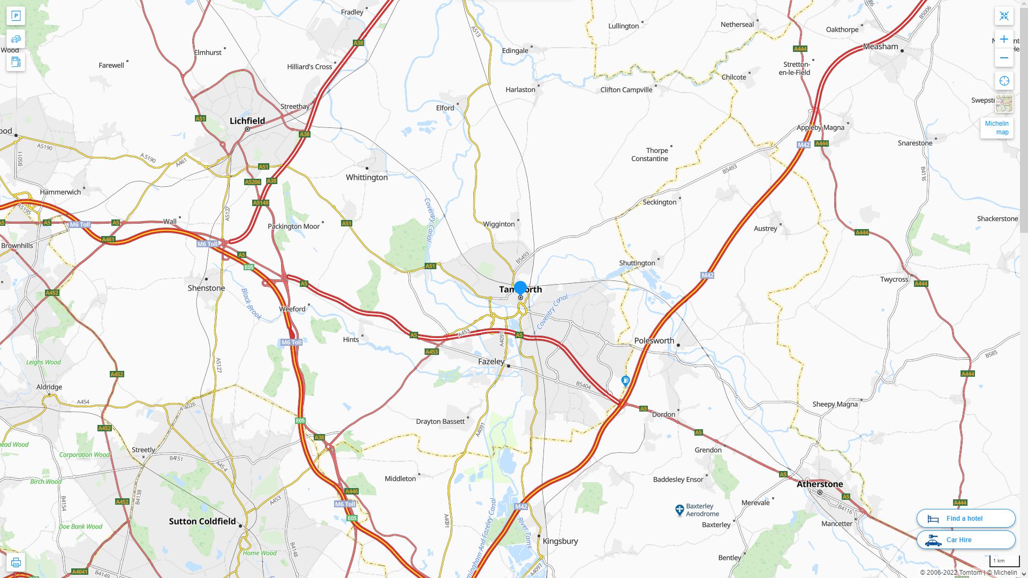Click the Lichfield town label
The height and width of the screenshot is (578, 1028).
click(247, 121)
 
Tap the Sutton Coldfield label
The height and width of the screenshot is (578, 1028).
click(202, 521)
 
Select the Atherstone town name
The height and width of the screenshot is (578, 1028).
click(820, 484)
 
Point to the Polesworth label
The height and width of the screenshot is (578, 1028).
click(654, 341)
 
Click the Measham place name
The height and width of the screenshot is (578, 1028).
click(880, 47)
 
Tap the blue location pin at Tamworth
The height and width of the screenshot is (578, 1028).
click(520, 288)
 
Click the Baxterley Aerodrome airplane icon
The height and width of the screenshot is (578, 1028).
click(679, 509)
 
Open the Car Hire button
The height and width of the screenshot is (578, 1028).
click(965, 540)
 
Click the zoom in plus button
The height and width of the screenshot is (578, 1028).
click(1004, 39)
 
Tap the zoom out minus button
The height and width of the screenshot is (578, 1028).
click(1004, 58)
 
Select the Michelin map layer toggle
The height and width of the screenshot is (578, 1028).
click(997, 127)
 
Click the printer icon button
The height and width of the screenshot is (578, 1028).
click(16, 562)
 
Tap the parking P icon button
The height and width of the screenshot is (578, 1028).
click(16, 16)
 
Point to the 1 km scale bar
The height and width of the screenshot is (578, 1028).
click(1004, 561)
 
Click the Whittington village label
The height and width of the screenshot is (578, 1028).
click(366, 178)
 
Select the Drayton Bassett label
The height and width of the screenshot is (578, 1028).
click(440, 422)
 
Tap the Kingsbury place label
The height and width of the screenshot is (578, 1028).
click(560, 541)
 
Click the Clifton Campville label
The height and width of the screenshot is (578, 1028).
click(626, 90)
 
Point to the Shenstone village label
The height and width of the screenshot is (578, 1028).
click(206, 288)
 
